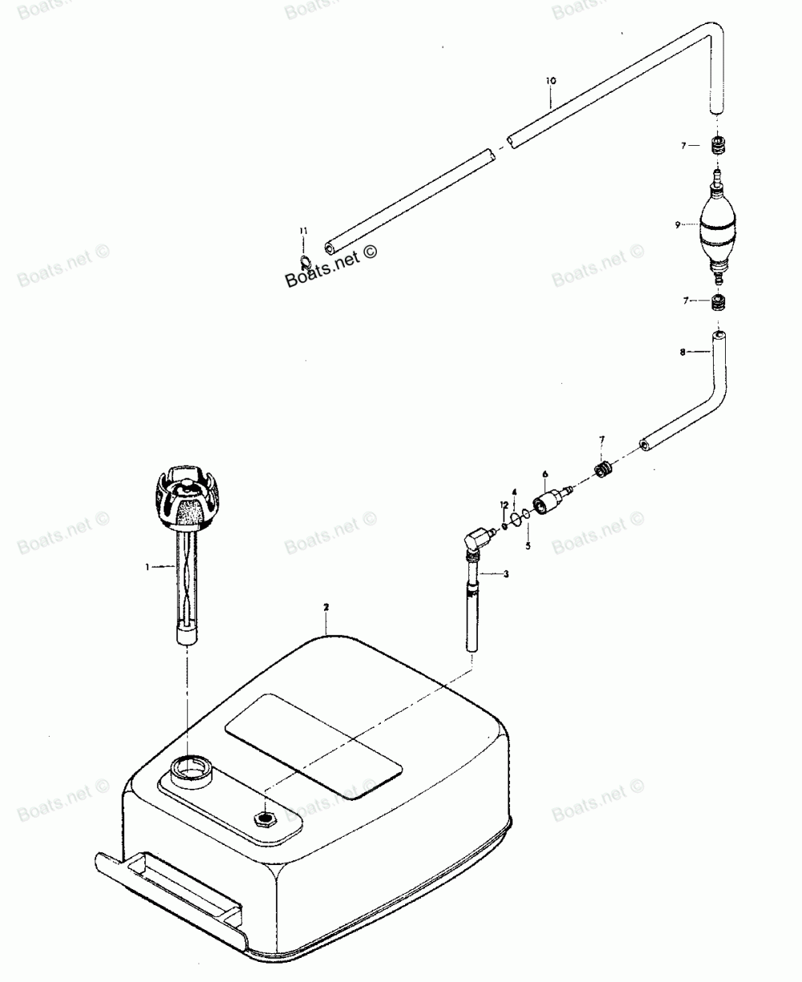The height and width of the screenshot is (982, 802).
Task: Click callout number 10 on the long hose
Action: click(x=550, y=81)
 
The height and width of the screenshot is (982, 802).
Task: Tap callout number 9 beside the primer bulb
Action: click(x=678, y=225)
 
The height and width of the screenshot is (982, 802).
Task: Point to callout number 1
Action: click(x=148, y=567)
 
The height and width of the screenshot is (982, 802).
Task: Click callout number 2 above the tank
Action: click(x=326, y=608)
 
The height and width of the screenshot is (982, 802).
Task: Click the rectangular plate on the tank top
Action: click(x=313, y=746)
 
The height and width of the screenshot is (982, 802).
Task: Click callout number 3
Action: click(x=506, y=574)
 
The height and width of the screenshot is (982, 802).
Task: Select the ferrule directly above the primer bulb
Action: click(x=719, y=147)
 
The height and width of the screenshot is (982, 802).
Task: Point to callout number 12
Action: click(x=503, y=504)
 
